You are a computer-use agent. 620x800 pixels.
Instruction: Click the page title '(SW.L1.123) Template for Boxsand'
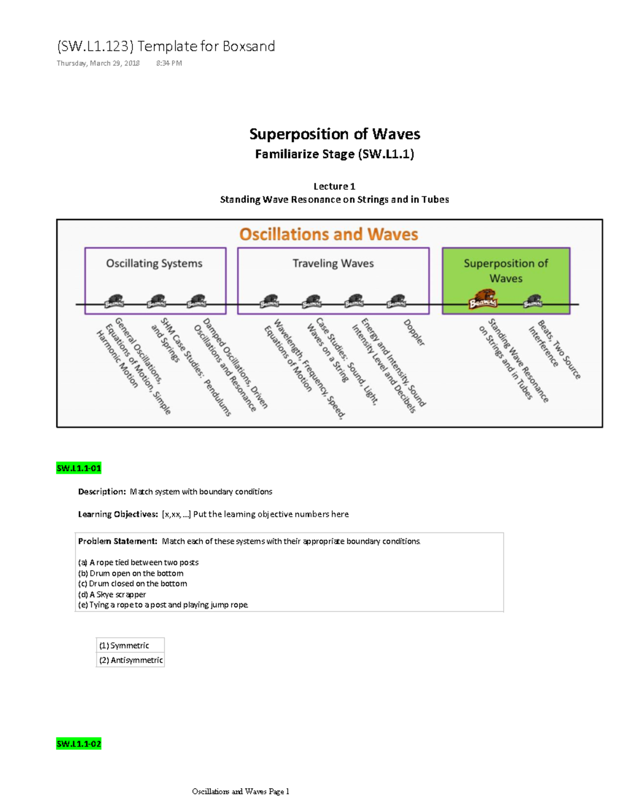pyautogui.click(x=165, y=46)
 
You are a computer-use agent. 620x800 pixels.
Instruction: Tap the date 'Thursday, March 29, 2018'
pyautogui.click(x=98, y=64)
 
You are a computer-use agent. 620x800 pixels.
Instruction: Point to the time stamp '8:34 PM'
pyautogui.click(x=169, y=64)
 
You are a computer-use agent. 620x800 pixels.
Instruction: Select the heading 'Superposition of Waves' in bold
pyautogui.click(x=334, y=134)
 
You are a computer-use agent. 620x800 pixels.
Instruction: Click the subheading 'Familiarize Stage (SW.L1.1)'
pyautogui.click(x=334, y=154)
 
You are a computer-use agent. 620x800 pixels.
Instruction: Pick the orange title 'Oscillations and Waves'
pyautogui.click(x=329, y=234)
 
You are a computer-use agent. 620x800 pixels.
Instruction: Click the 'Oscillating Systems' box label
pyautogui.click(x=154, y=263)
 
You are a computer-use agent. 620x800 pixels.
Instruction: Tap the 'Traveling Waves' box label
pyautogui.click(x=333, y=263)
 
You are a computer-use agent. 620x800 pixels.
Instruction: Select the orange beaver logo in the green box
pyautogui.click(x=482, y=299)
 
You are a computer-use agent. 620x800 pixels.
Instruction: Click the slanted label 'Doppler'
pyautogui.click(x=414, y=333)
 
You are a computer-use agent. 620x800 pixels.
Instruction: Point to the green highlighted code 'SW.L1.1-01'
pyautogui.click(x=79, y=468)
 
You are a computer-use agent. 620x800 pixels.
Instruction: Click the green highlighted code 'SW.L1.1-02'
pyautogui.click(x=79, y=744)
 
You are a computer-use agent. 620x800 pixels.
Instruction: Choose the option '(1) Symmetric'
pyautogui.click(x=124, y=646)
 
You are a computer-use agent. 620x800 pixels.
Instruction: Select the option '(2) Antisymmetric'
pyautogui.click(x=131, y=660)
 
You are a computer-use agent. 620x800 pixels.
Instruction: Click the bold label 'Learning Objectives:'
pyautogui.click(x=118, y=514)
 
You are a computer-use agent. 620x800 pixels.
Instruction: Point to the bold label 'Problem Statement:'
pyautogui.click(x=117, y=541)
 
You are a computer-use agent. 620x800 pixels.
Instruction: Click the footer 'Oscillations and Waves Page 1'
pyautogui.click(x=240, y=791)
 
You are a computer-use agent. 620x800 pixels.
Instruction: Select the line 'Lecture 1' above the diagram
pyautogui.click(x=334, y=186)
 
